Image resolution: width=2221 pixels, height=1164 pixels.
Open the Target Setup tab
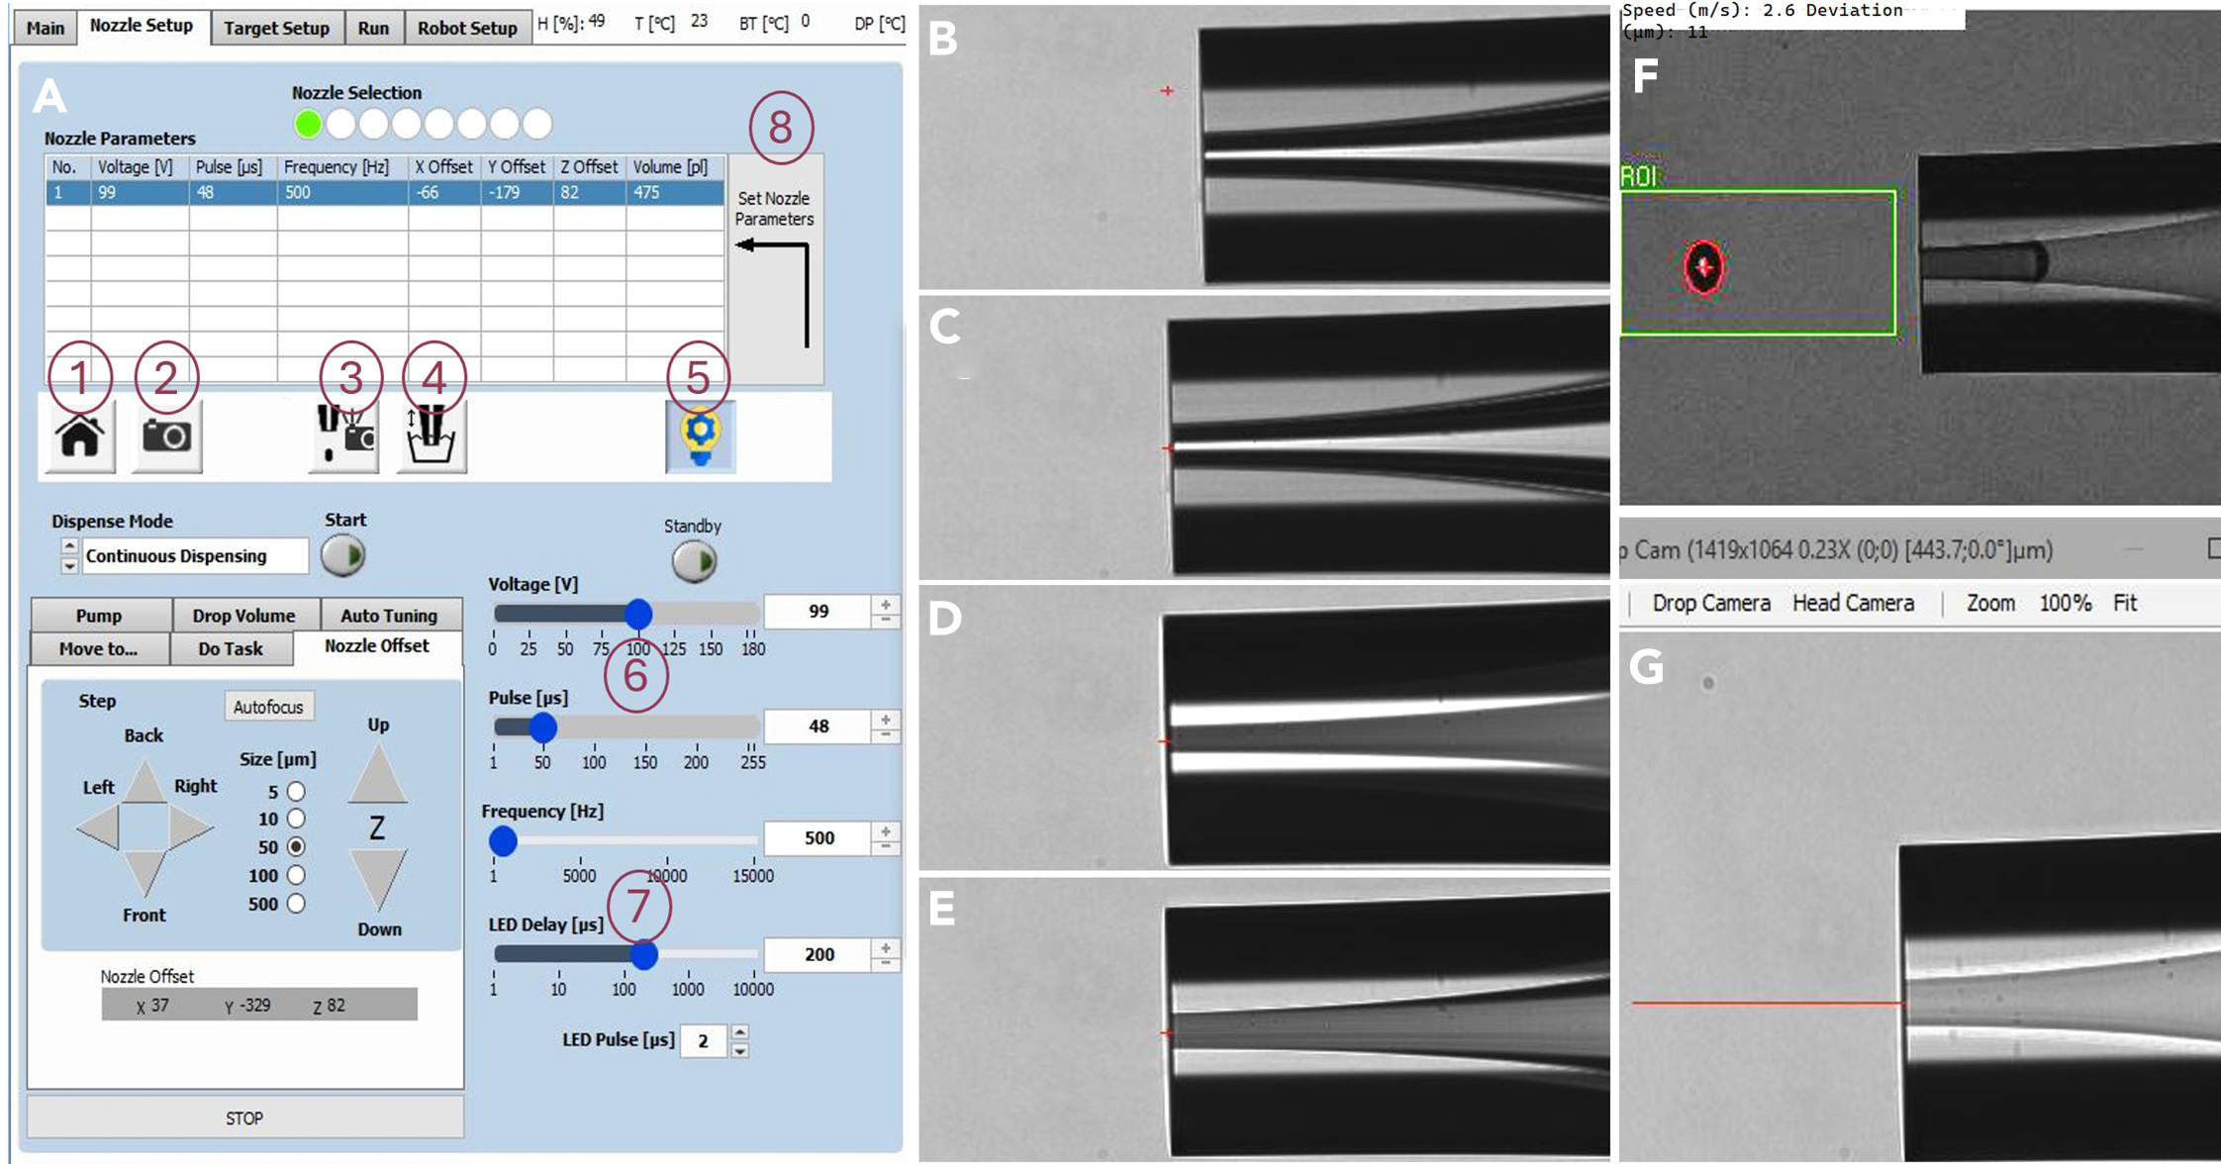click(x=276, y=28)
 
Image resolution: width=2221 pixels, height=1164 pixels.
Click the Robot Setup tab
click(x=466, y=28)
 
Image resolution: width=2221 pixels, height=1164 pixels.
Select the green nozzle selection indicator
click(x=308, y=124)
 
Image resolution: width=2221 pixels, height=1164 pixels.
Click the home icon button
click(x=80, y=436)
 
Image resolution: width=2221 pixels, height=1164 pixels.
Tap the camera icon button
click(x=166, y=436)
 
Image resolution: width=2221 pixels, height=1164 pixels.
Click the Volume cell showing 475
click(x=674, y=192)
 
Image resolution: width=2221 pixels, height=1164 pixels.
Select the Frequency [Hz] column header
click(x=337, y=167)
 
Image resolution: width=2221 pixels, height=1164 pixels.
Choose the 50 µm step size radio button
click(x=295, y=847)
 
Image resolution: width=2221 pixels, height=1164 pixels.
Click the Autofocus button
click(x=268, y=707)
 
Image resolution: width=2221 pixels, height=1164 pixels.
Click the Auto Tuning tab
click(x=389, y=616)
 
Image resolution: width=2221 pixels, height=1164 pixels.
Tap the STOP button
click(x=244, y=1117)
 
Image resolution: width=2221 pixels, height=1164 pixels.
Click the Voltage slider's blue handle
click(x=638, y=614)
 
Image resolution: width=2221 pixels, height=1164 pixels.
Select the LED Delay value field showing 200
click(x=819, y=954)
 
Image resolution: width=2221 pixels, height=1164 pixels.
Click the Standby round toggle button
click(x=694, y=561)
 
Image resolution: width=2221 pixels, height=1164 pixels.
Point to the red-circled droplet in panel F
click(x=1703, y=267)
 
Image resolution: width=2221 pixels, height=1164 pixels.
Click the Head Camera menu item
click(x=1853, y=603)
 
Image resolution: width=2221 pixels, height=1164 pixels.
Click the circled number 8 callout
click(x=780, y=128)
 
